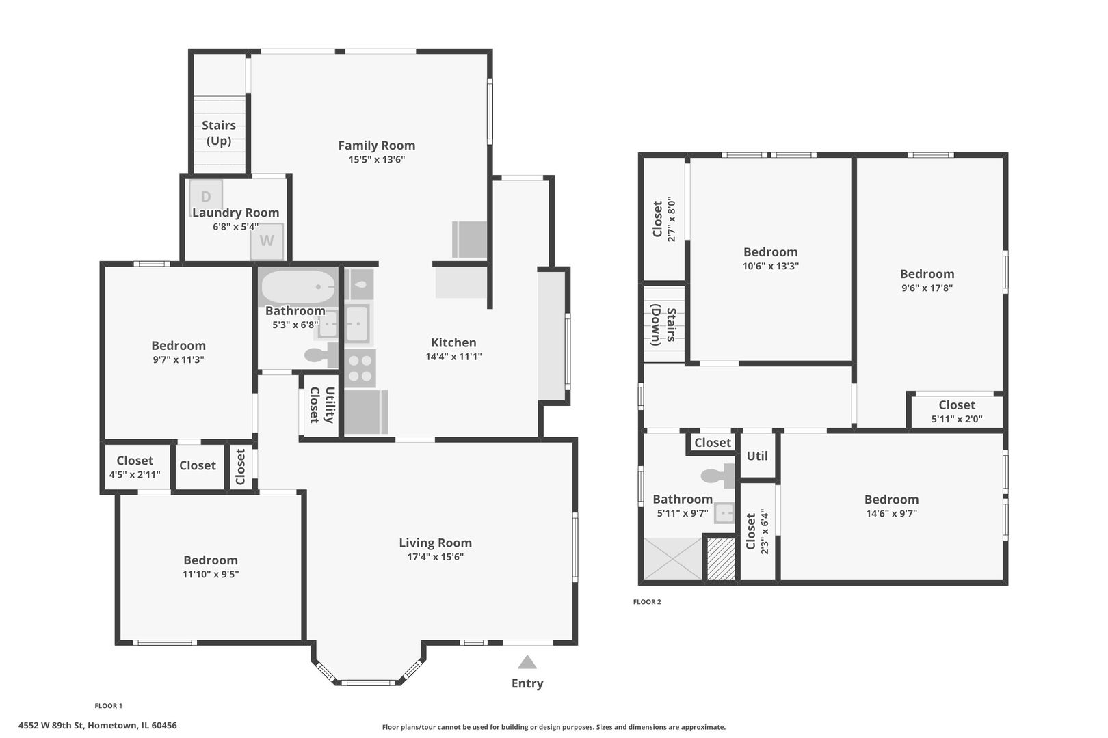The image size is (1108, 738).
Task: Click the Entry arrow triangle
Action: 527,662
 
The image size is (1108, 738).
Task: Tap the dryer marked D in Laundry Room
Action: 206,195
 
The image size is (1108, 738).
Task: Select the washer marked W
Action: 267,241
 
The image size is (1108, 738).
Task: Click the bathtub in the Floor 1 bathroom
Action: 298,287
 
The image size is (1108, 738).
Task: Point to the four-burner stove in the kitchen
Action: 360,368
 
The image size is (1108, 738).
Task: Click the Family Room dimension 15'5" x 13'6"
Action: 377,159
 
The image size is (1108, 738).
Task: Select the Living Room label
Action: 435,543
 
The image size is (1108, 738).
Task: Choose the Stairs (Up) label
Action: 219,133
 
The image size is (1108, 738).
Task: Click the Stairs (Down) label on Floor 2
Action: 663,325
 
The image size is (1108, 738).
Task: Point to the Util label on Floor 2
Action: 757,456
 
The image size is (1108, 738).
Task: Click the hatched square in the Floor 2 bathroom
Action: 721,558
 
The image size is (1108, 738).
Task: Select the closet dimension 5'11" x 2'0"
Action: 957,419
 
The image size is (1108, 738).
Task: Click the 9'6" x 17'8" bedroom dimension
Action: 927,288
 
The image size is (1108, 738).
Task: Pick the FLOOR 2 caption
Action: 647,601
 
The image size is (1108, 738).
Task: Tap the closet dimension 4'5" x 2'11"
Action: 135,475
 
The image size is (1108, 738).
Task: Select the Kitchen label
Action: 453,342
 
